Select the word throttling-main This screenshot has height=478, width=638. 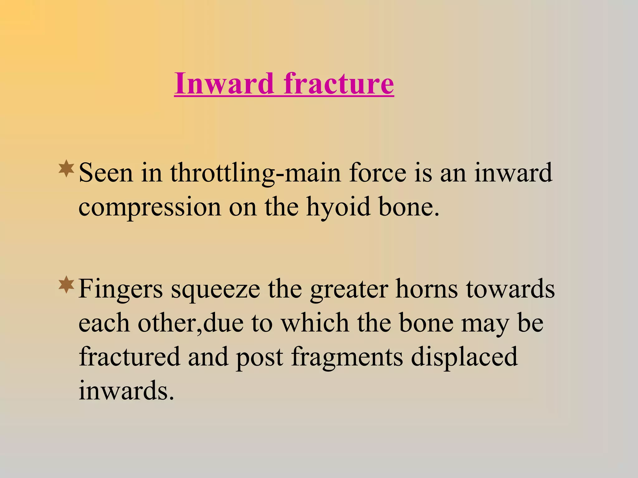click(255, 173)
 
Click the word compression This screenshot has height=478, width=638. click(150, 207)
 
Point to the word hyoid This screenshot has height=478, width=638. click(338, 207)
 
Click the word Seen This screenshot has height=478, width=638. click(106, 173)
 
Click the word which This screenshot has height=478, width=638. click(315, 323)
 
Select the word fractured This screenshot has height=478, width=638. click(129, 357)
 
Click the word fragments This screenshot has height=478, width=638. click(347, 357)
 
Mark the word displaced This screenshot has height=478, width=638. click(464, 357)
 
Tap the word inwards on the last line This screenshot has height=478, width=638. click(126, 391)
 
